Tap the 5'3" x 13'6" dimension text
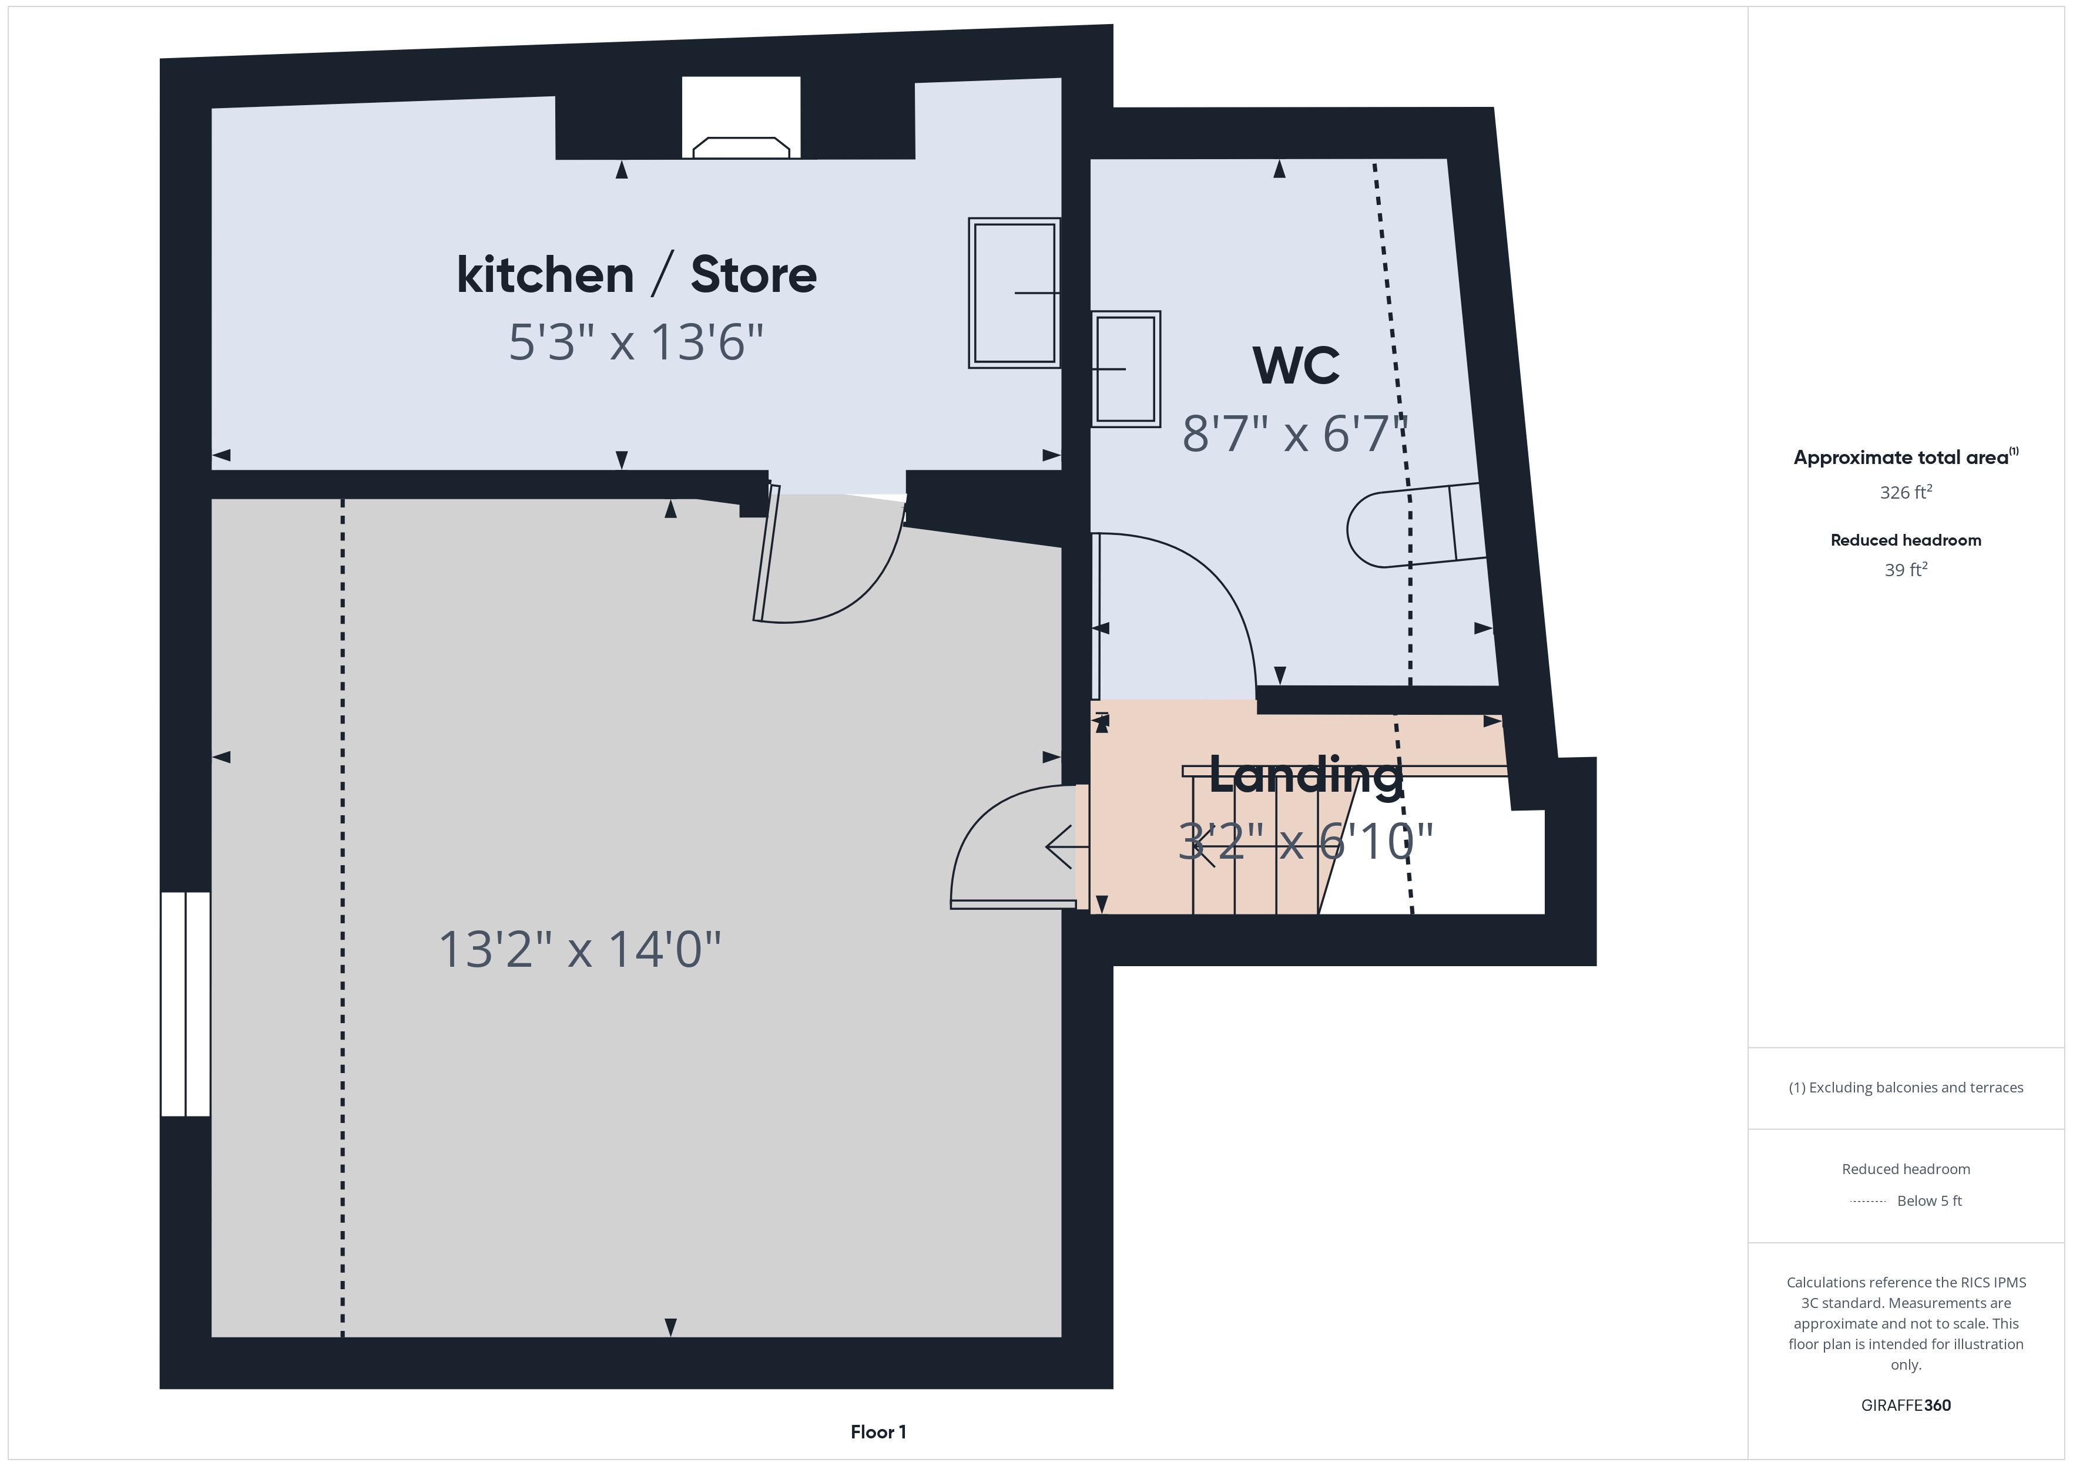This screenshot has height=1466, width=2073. (x=636, y=343)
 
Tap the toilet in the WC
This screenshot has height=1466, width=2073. (x=1415, y=526)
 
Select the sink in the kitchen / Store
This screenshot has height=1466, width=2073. (x=1014, y=292)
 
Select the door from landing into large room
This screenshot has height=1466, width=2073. (x=1013, y=903)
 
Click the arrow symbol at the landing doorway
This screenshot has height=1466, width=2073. (x=1066, y=847)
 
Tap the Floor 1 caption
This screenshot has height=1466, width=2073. (x=878, y=1432)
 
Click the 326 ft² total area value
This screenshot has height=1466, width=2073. (x=1906, y=492)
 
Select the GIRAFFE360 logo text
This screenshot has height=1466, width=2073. (x=1906, y=1406)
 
